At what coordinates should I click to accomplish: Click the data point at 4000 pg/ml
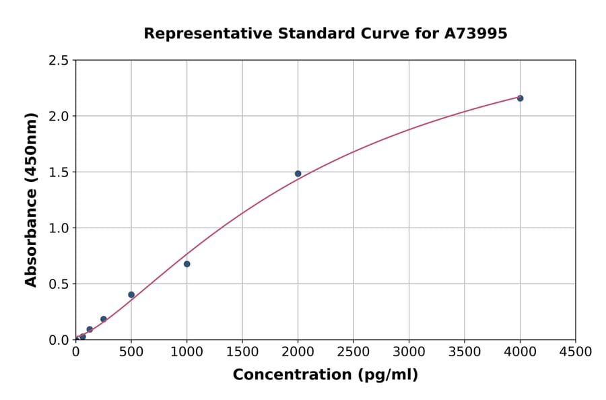520,98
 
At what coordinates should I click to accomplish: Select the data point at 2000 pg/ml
298,174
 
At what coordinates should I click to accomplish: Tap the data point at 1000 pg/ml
187,264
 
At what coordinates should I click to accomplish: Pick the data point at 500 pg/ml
131,295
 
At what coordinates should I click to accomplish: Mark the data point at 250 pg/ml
103,319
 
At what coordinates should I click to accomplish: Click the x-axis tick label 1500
242,352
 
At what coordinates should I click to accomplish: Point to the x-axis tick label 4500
576,352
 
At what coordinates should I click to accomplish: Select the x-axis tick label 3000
409,352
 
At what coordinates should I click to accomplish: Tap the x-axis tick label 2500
353,352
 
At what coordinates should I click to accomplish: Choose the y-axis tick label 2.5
59,61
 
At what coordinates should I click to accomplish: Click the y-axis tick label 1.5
59,172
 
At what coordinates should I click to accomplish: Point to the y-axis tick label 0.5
59,284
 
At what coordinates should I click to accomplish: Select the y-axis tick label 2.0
59,116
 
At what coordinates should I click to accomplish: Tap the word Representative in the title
197,34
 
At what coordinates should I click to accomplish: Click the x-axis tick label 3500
465,352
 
